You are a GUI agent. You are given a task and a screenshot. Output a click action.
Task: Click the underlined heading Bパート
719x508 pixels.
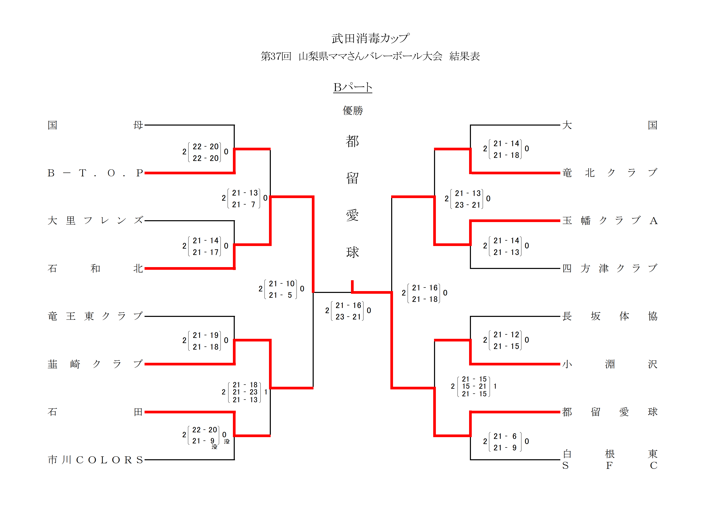(353, 87)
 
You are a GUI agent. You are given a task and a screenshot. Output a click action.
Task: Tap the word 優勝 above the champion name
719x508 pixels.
(353, 110)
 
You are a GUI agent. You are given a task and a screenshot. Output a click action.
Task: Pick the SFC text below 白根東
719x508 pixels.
(609, 466)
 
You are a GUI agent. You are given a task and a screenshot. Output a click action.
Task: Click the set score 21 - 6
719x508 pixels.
(505, 436)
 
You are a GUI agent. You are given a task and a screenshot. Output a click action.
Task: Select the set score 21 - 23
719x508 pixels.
(245, 392)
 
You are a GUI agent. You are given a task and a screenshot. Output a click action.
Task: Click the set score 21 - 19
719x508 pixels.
(205, 335)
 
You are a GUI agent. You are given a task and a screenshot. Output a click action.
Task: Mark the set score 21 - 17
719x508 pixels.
(205, 252)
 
